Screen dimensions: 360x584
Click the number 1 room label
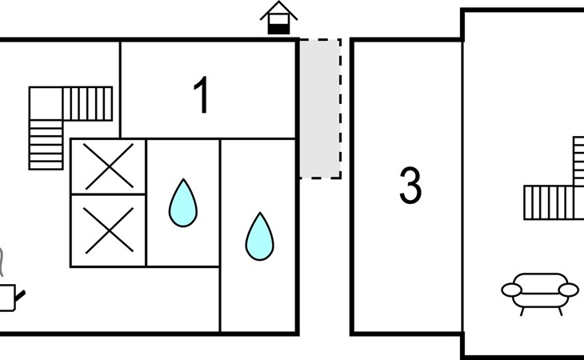(202, 96)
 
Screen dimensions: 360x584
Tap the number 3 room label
(410, 186)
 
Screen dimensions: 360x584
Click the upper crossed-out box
(108, 166)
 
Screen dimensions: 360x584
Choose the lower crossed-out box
(108, 230)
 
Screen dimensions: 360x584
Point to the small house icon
(278, 18)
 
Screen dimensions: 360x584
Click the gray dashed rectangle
(320, 108)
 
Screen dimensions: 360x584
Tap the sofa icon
(539, 291)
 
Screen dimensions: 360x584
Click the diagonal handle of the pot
(21, 297)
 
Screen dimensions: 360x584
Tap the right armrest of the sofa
(568, 290)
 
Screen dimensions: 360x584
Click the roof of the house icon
(278, 10)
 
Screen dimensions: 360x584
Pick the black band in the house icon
(278, 28)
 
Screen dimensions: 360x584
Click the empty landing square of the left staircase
(46, 103)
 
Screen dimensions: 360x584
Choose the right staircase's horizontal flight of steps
(549, 202)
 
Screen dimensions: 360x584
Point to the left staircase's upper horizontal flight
(87, 103)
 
